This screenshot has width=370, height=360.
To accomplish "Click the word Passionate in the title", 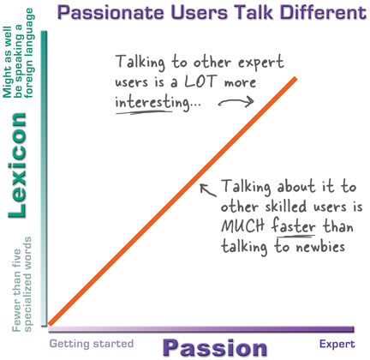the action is tap(110, 13).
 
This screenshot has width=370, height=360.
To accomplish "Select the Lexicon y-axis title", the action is tap(17, 165).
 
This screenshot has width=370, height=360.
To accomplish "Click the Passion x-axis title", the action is tap(215, 348).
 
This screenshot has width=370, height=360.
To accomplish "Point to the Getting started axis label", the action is tap(92, 344).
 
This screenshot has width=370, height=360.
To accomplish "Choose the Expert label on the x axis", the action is tap(337, 344).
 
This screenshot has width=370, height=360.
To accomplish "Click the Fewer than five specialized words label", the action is tap(22, 285).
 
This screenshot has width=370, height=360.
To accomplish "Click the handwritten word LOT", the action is tap(200, 81).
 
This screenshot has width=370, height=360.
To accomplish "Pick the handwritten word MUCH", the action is tap(242, 226).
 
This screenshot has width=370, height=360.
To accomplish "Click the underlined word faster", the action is tap(294, 225).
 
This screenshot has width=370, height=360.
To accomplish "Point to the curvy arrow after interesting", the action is tap(236, 101).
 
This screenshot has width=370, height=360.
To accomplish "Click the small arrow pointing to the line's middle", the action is tap(207, 190).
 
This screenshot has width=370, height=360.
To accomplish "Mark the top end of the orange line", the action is tap(296, 78).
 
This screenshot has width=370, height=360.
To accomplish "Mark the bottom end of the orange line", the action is tap(50, 324).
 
